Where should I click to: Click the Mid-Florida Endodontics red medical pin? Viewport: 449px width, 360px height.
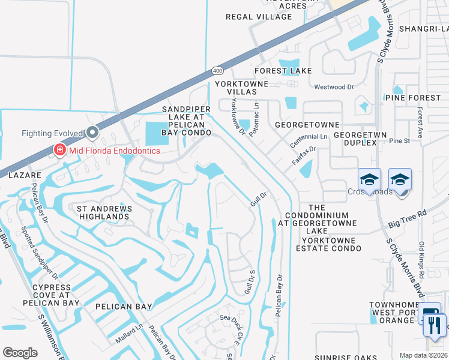(59, 150)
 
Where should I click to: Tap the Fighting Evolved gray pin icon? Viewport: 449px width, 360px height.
(92, 132)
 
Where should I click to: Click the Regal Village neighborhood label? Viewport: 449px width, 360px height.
(258, 17)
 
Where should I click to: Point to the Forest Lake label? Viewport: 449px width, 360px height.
(283, 71)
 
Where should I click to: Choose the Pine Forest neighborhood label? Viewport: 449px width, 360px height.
(413, 97)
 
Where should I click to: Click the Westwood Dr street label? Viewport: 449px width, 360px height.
(334, 87)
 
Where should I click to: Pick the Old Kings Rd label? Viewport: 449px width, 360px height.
(421, 259)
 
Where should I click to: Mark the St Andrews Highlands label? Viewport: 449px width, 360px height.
(103, 212)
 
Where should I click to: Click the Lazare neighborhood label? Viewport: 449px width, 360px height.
(25, 175)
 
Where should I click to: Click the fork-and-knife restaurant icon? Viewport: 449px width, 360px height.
(435, 325)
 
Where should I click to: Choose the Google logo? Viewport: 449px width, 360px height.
(20, 353)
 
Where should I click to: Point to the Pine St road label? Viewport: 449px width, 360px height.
(399, 141)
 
